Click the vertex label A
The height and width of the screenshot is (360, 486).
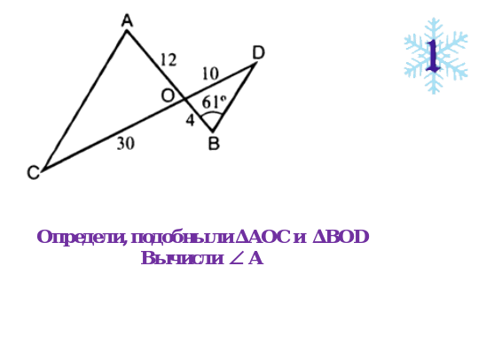click(127, 21)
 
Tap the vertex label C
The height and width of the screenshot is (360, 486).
click(34, 173)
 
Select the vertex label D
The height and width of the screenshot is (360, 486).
click(258, 52)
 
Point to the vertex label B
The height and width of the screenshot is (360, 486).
click(214, 144)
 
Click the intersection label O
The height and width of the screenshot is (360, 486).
click(168, 96)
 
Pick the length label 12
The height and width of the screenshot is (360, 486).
click(169, 59)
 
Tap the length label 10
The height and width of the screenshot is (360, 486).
click(210, 74)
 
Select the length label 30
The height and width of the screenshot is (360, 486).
click(126, 144)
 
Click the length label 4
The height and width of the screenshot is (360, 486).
click(191, 120)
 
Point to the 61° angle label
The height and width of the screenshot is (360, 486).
click(214, 102)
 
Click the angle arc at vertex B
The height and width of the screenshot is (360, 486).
click(212, 113)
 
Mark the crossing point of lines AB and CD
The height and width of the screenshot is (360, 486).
click(185, 99)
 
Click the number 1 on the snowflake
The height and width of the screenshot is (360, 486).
click(433, 56)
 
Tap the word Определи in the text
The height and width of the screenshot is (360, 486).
click(82, 238)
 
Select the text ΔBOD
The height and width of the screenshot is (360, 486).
click(341, 237)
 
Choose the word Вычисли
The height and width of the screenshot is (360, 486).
click(183, 258)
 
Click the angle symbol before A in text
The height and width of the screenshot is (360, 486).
click(236, 259)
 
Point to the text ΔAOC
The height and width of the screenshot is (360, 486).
click(263, 237)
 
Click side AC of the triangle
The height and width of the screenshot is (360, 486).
click(84, 100)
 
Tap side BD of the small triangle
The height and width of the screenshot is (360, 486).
click(234, 97)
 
